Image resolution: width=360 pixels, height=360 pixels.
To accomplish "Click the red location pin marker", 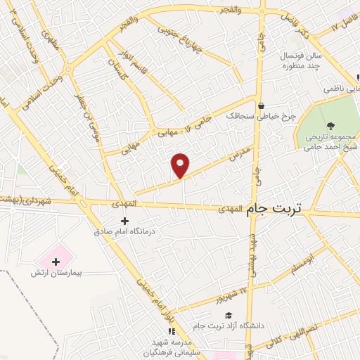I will (x=181, y=165).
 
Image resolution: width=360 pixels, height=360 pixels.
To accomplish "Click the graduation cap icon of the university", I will (x=229, y=315).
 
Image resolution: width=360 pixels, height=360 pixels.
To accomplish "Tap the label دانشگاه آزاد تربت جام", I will (x=233, y=326).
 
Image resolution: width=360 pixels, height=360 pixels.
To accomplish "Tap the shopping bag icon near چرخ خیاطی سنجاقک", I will (x=262, y=106).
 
